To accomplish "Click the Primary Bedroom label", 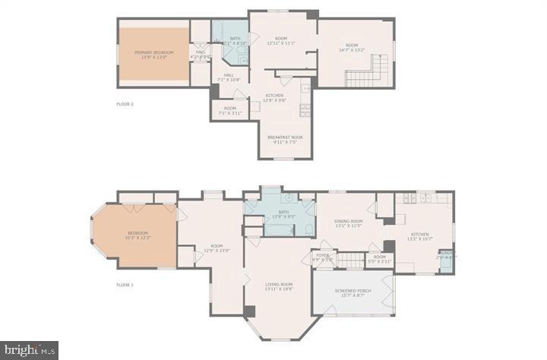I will tap(154, 55).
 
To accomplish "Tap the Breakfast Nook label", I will tap(281, 139).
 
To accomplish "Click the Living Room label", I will tap(280, 286).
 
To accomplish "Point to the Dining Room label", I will tap(349, 223).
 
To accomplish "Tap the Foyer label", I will tap(323, 257).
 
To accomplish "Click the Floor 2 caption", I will tap(125, 103).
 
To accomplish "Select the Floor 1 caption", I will tap(125, 285).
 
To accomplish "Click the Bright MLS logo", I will tap(29, 350).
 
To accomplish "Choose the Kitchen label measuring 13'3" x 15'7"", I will tap(420, 236).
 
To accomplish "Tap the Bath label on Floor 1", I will tap(283, 215).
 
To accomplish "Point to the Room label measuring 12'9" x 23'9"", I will tap(217, 248).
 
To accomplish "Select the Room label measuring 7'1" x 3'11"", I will tap(229, 111).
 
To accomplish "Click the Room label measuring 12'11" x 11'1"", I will tap(281, 40).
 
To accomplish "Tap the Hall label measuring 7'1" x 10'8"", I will tap(229, 77).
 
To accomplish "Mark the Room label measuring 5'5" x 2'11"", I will tap(379, 259).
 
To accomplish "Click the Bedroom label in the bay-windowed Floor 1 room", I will tap(138, 235).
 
